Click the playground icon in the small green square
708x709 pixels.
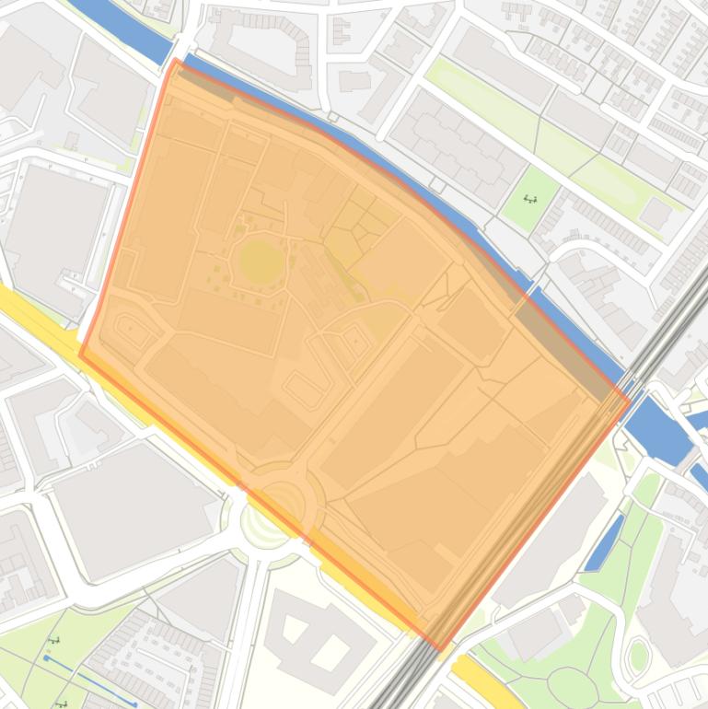[530, 198]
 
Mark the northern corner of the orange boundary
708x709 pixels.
[175, 61]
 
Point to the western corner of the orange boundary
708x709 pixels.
[81, 354]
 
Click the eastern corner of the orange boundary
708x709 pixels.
[630, 400]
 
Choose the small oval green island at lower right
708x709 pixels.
[638, 656]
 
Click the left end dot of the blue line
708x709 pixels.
[46, 658]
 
